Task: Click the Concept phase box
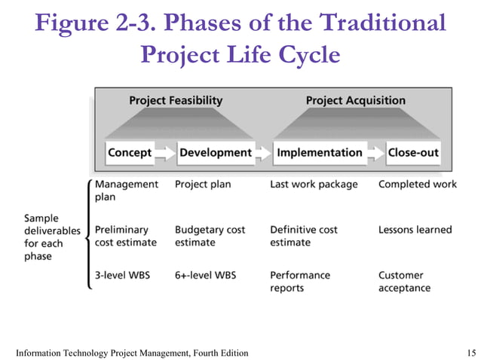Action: click(x=130, y=153)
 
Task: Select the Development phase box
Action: click(x=215, y=153)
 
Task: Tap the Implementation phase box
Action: click(x=319, y=153)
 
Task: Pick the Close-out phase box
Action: click(x=413, y=153)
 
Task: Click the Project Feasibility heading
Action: click(x=176, y=100)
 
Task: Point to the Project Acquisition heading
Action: click(x=355, y=100)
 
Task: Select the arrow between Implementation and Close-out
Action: click(x=375, y=153)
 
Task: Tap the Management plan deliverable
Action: click(x=126, y=191)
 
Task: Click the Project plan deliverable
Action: click(x=203, y=185)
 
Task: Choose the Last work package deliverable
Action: click(x=314, y=185)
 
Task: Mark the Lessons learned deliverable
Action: click(x=415, y=230)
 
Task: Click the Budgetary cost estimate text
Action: click(x=210, y=236)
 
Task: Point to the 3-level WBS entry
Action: click(x=122, y=275)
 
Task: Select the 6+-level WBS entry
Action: click(x=205, y=275)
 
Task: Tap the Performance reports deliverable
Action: click(x=300, y=281)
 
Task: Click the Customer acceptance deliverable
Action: click(x=404, y=281)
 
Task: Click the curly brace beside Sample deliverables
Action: click(x=90, y=235)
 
